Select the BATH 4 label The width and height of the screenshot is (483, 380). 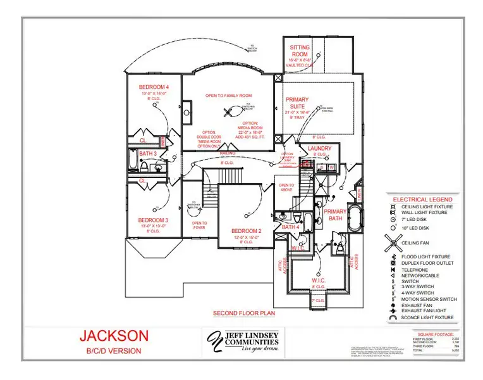click(291, 227)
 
